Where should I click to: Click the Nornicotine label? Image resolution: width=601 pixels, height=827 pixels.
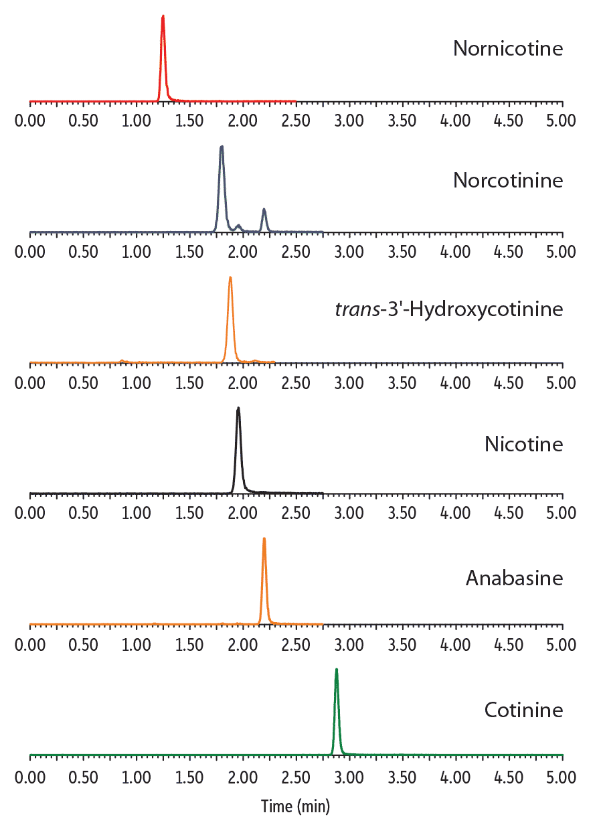click(508, 49)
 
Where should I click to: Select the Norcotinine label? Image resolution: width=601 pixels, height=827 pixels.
click(508, 181)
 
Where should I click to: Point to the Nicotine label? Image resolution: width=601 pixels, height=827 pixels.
click(524, 444)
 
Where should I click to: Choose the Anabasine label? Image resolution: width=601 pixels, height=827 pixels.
click(514, 578)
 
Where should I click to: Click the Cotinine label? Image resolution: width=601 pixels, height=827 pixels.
click(523, 710)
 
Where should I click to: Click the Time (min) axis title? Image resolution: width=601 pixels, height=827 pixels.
click(295, 806)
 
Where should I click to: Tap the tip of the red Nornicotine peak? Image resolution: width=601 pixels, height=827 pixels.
click(163, 16)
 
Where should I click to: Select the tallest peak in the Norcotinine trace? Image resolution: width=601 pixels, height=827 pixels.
click(222, 147)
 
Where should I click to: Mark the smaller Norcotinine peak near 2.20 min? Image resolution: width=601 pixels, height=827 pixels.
click(264, 210)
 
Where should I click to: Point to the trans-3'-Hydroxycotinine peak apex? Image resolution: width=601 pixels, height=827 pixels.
click(230, 277)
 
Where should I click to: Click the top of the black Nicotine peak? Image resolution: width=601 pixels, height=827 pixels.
click(238, 408)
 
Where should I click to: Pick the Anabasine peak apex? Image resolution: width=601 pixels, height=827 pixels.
click(264, 538)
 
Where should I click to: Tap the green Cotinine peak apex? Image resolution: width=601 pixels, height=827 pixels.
click(336, 669)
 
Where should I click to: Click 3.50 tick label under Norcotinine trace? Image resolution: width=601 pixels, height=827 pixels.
click(402, 252)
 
